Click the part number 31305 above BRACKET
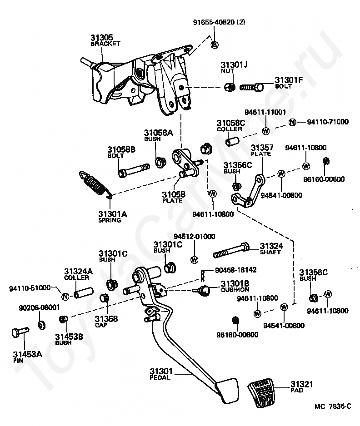click(102, 37)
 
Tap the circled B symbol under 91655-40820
click(215, 45)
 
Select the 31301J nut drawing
click(230, 87)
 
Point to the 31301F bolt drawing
click(252, 88)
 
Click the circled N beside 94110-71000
click(292, 123)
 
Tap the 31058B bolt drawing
click(134, 169)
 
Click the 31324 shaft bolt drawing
click(231, 250)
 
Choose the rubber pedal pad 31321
click(261, 392)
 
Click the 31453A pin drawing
click(20, 332)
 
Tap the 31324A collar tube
click(84, 292)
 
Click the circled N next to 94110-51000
click(65, 297)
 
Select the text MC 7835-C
click(333, 406)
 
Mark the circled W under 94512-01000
click(195, 259)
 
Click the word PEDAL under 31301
click(160, 377)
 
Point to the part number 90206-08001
click(39, 307)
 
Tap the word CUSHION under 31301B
click(235, 290)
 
